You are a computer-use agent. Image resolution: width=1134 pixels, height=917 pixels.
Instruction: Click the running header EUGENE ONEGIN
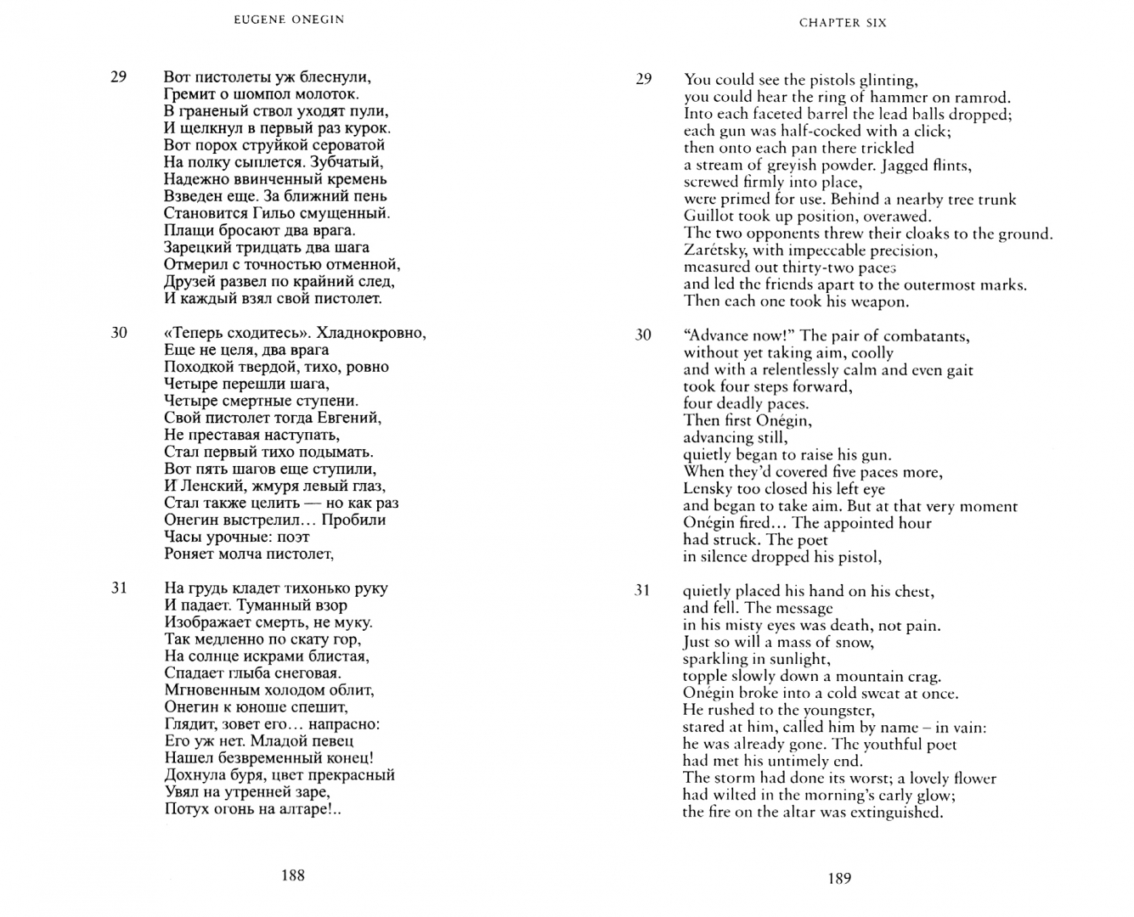coord(289,20)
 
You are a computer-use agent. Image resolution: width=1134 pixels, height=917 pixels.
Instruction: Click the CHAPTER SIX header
coord(843,23)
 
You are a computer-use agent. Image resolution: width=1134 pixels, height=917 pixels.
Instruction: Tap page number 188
coord(292,875)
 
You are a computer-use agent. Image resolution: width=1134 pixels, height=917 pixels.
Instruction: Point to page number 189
coord(839,879)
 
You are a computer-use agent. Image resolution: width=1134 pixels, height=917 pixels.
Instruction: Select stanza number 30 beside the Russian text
coord(119,333)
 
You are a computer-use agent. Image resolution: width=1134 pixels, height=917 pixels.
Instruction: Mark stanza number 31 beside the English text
coord(643,590)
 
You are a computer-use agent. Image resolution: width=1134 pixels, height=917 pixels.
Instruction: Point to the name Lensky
coord(708,489)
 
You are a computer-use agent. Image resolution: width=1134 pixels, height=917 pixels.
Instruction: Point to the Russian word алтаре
coord(302,809)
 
